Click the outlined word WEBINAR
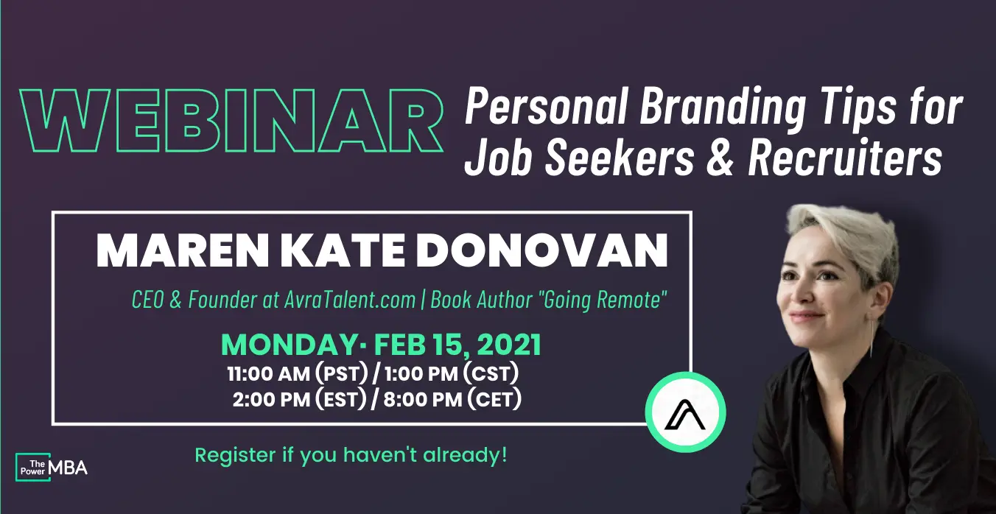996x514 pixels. point(231,121)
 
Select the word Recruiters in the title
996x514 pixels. point(845,157)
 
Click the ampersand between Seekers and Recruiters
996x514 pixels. point(720,157)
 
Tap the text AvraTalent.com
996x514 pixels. point(350,300)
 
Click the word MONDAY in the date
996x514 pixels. point(289,345)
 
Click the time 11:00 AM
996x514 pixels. point(268,374)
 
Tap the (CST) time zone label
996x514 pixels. point(491,373)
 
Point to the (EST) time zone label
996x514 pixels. point(341,399)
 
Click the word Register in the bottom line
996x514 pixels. point(235,456)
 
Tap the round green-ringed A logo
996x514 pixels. point(685,412)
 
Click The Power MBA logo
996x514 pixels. point(52,467)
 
